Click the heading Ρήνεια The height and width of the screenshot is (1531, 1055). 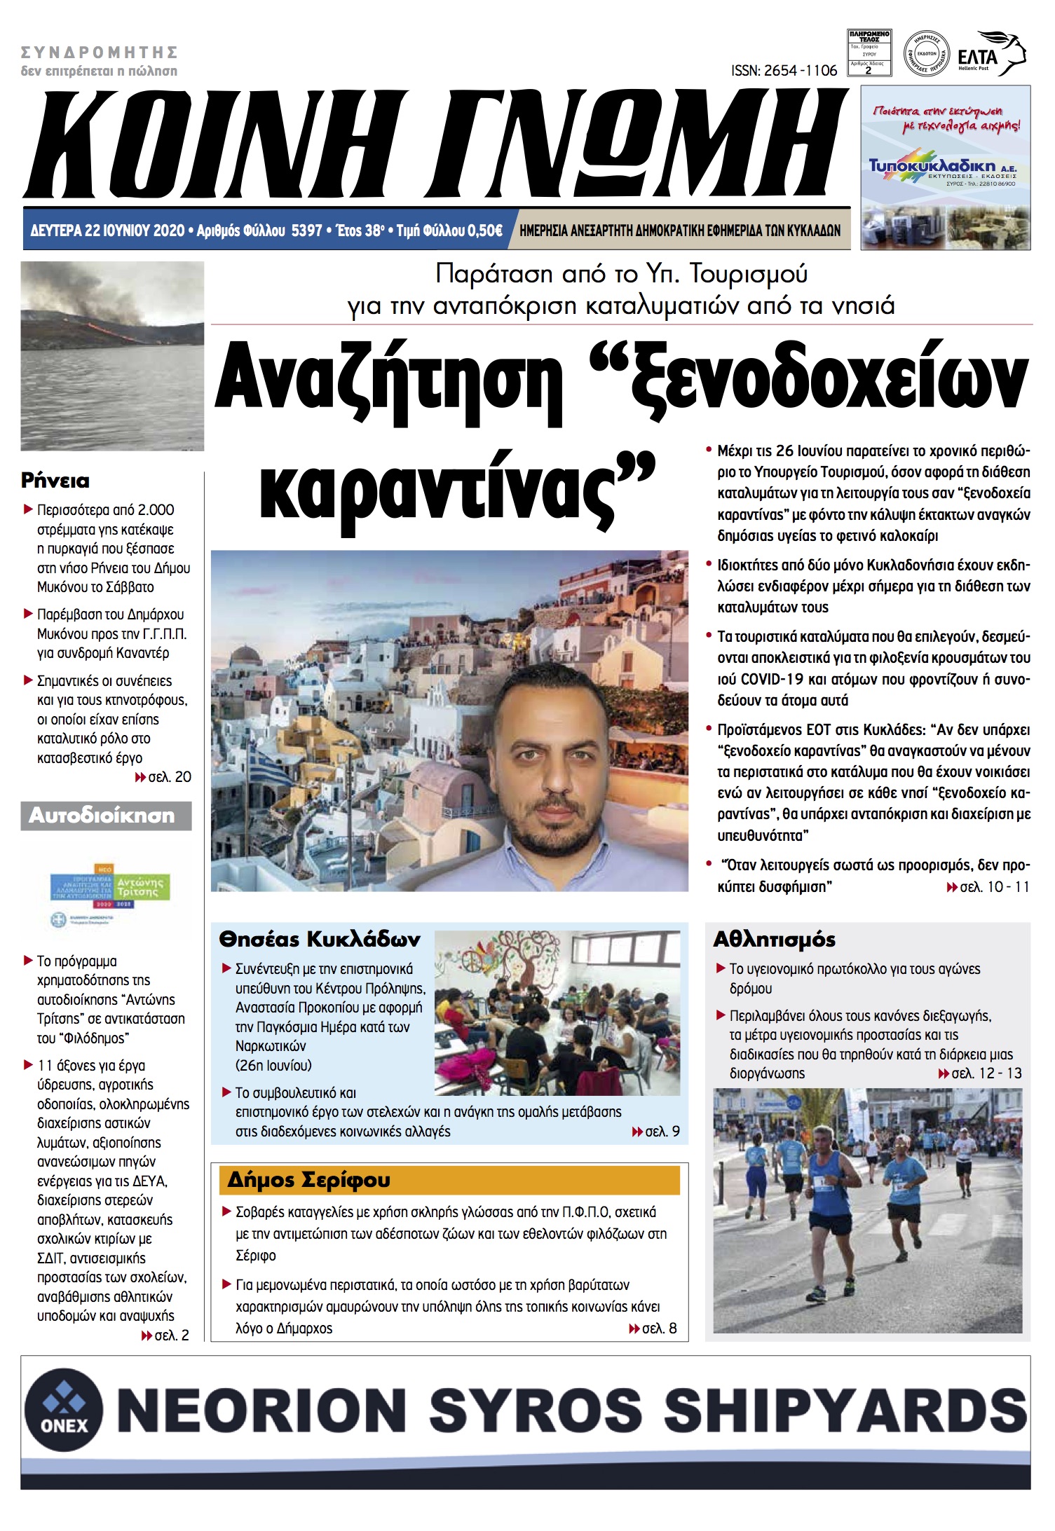55,481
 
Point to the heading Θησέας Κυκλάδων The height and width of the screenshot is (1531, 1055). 320,940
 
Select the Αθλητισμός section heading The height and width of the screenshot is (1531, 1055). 774,940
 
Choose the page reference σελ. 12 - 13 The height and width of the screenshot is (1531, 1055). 986,1073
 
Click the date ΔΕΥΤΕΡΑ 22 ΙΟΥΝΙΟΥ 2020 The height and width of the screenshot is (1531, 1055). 107,231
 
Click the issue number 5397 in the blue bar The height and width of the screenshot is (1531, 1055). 306,231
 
